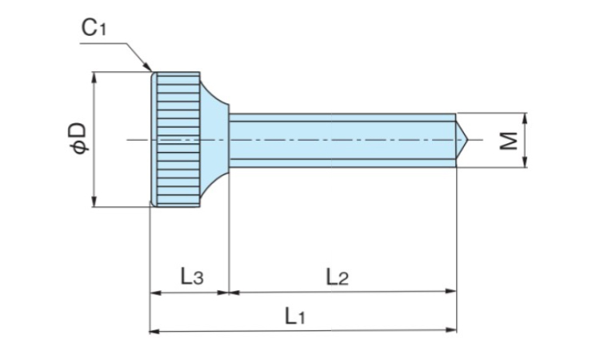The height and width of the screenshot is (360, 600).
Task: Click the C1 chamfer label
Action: pyautogui.click(x=94, y=29)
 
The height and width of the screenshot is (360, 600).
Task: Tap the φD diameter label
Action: pyautogui.click(x=78, y=138)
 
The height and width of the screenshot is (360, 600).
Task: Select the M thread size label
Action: pyautogui.click(x=508, y=141)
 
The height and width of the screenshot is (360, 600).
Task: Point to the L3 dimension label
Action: pyautogui.click(x=191, y=278)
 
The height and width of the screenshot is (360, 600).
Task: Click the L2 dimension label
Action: pyautogui.click(x=337, y=278)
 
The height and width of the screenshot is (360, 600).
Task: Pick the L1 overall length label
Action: pyautogui.click(x=295, y=316)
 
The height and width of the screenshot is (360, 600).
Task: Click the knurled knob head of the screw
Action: pyautogui.click(x=177, y=140)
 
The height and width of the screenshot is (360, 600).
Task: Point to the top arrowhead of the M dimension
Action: pyautogui.click(x=525, y=116)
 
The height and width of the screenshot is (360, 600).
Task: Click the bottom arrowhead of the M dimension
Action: pyautogui.click(x=525, y=164)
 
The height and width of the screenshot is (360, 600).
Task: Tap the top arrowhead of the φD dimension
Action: pyautogui.click(x=95, y=76)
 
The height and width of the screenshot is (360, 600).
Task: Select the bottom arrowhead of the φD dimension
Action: pyautogui.click(x=95, y=204)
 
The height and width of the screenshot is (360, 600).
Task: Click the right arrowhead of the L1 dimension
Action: pyautogui.click(x=452, y=330)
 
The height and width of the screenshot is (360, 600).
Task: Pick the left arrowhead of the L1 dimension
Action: pyautogui.click(x=154, y=330)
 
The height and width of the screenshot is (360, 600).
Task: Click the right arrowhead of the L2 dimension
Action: pyautogui.click(x=452, y=293)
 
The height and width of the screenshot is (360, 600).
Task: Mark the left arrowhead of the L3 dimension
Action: pyautogui.click(x=154, y=293)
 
